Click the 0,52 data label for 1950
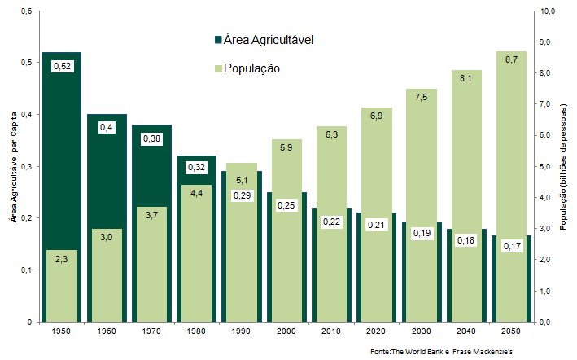coord(62,66)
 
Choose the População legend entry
coord(247,68)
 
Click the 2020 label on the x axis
coord(375,333)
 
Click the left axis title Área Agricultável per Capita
coord(11,166)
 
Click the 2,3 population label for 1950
coord(62,259)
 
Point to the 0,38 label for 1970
coord(152,138)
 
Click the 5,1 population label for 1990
coord(242,181)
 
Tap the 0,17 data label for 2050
coord(511,245)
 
